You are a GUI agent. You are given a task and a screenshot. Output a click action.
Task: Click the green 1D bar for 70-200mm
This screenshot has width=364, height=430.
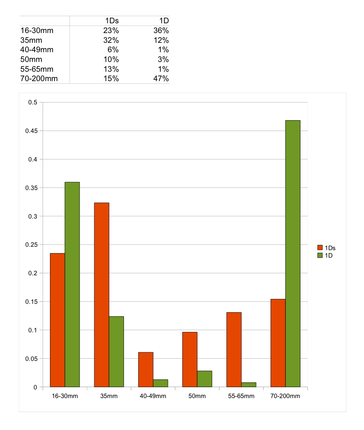click(x=293, y=253)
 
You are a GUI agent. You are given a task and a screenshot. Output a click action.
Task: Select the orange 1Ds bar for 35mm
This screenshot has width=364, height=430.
click(x=101, y=295)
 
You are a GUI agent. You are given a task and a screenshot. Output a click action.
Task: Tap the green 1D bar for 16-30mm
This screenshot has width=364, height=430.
click(x=72, y=284)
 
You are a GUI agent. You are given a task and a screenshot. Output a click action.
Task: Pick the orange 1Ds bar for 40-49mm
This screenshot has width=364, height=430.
click(x=145, y=370)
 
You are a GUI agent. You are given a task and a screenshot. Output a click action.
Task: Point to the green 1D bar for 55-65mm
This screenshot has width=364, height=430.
click(x=249, y=385)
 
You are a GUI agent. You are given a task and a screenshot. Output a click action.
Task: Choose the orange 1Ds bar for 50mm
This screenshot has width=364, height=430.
click(x=190, y=359)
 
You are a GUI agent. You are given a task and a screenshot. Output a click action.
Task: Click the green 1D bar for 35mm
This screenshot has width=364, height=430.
click(x=116, y=352)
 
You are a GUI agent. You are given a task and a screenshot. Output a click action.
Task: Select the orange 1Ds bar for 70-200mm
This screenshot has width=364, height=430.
click(x=278, y=343)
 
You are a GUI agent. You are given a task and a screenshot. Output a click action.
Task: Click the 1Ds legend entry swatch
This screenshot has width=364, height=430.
click(x=320, y=247)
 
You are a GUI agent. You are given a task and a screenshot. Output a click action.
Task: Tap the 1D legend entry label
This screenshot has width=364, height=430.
click(x=329, y=256)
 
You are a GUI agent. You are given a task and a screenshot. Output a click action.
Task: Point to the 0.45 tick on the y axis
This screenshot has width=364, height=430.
click(x=33, y=131)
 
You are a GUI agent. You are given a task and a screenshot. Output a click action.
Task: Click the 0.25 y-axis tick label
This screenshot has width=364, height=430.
click(x=33, y=245)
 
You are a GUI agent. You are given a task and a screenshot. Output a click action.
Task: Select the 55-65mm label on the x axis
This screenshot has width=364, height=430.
click(x=241, y=396)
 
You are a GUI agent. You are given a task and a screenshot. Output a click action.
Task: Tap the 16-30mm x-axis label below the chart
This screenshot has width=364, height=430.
click(x=65, y=396)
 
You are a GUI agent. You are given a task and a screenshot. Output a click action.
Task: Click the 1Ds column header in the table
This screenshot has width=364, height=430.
click(x=112, y=21)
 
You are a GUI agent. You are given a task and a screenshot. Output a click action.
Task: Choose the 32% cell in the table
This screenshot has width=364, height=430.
click(x=112, y=40)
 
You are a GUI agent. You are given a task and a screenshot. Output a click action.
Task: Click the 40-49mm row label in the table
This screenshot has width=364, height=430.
click(x=37, y=50)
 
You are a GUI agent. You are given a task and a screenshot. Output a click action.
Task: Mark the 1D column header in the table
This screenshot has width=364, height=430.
click(x=164, y=21)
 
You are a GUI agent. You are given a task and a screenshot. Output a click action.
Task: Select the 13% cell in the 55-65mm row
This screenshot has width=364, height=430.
click(x=112, y=69)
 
